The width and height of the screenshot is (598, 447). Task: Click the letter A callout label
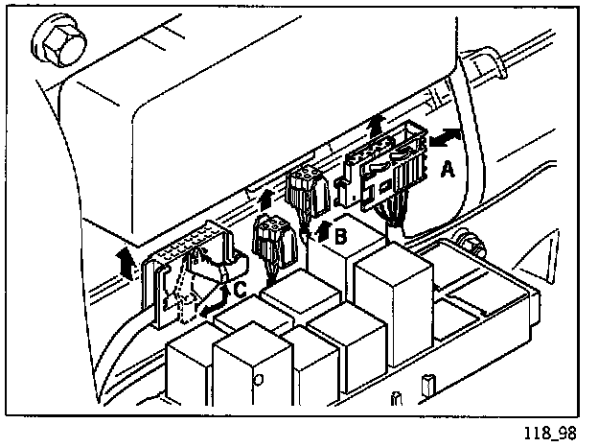(446, 171)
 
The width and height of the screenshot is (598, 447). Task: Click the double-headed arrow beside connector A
(446, 138)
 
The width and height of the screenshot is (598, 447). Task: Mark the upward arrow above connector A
(376, 125)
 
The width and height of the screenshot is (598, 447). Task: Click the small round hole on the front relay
(258, 378)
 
